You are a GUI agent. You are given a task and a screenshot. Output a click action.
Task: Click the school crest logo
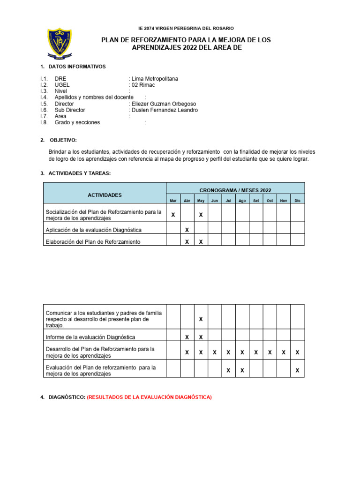[x=59, y=44]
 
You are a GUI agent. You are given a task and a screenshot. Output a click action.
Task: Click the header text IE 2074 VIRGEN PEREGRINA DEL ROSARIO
[x=186, y=29]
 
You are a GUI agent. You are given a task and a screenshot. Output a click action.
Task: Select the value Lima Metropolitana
[x=155, y=79]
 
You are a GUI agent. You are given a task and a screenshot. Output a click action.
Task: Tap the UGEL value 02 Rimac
[x=143, y=85]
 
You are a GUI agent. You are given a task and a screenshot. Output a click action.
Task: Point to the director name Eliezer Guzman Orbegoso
[x=164, y=104]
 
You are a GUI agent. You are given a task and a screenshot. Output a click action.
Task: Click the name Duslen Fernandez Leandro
[x=165, y=110]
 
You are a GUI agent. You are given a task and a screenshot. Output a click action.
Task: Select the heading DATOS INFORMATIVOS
[x=77, y=67]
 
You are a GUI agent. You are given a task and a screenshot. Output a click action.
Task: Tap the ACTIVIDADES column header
[x=105, y=195]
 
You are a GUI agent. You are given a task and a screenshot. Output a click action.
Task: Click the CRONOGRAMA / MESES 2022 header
[x=235, y=190]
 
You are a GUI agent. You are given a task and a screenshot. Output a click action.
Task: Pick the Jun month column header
[x=215, y=201]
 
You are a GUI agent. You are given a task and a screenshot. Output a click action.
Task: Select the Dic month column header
[x=297, y=201]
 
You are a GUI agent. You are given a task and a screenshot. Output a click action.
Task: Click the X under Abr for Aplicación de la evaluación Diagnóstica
[x=187, y=230]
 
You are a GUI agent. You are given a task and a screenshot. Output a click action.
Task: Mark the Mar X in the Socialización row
[x=173, y=215]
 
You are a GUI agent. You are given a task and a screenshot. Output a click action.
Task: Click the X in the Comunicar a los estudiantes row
[x=201, y=319]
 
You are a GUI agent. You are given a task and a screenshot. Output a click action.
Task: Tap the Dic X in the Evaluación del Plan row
[x=297, y=371]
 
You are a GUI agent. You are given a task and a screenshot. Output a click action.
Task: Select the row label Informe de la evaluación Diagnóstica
[x=90, y=337]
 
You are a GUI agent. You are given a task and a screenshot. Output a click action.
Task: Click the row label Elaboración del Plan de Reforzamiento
[x=93, y=242]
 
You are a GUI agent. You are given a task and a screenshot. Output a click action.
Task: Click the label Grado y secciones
[x=77, y=122]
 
